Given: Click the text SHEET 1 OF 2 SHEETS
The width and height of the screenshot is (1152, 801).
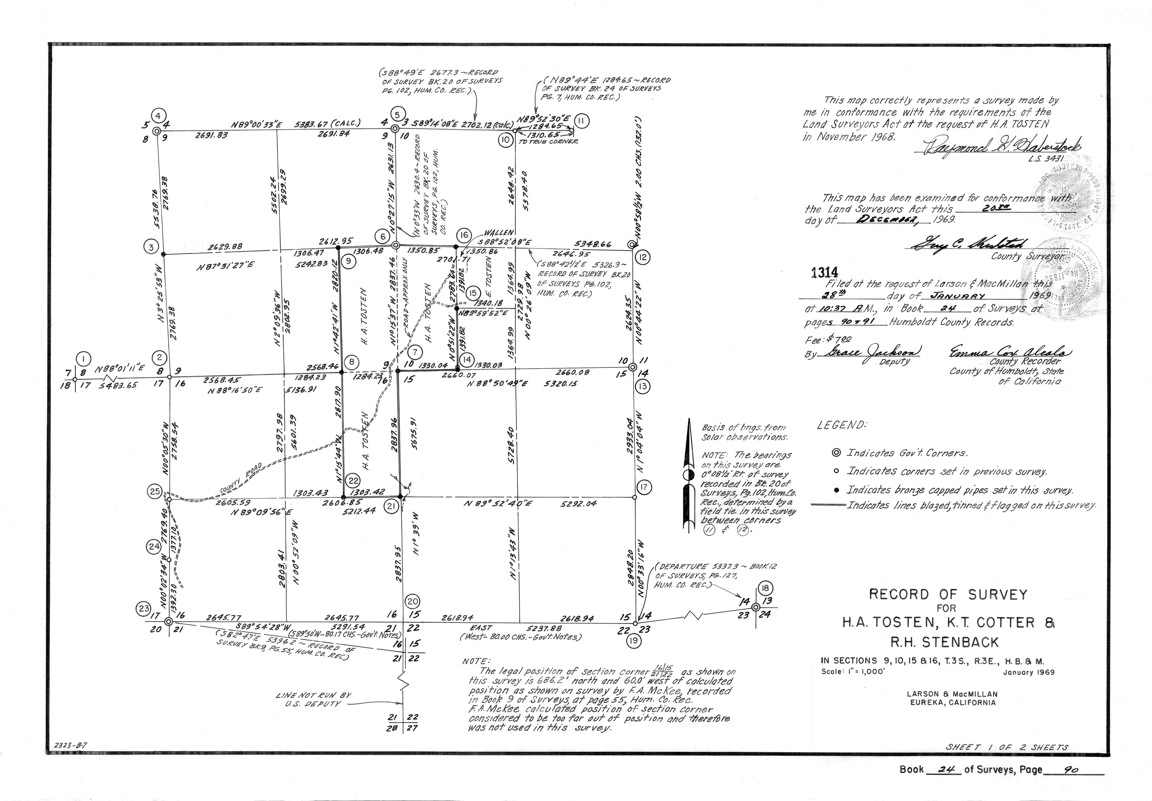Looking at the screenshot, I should coord(1006,761).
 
